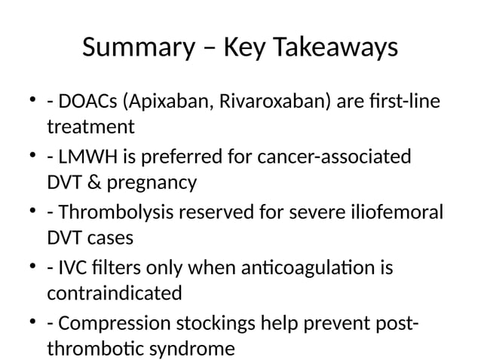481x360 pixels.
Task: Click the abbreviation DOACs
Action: click(87, 102)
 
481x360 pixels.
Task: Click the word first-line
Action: click(400, 102)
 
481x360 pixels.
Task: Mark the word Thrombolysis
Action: click(110, 214)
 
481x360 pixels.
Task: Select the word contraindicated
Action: click(114, 293)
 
